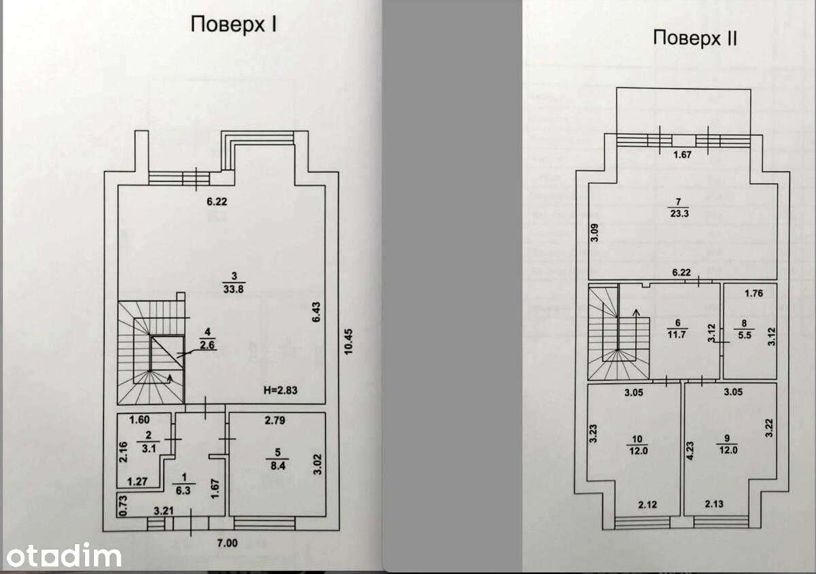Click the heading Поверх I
[233, 24]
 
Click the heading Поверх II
[695, 38]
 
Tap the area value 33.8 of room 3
[233, 290]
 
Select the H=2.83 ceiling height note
[280, 390]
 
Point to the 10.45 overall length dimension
[349, 341]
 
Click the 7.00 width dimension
[227, 543]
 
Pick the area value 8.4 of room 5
[277, 466]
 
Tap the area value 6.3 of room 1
[183, 490]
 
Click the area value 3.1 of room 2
[149, 449]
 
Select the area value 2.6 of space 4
[207, 345]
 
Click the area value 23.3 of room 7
[680, 213]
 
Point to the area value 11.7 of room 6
[677, 334]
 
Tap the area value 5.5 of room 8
[745, 335]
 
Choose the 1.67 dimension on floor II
[682, 155]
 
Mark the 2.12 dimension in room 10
[647, 505]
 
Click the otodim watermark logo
[64, 556]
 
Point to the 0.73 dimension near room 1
[123, 505]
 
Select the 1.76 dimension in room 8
[753, 293]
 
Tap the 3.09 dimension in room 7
[594, 233]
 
